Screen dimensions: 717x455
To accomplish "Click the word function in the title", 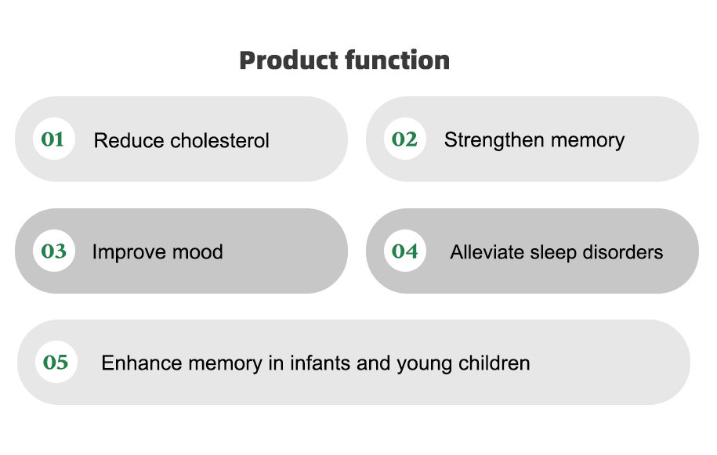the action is pyautogui.click(x=397, y=60).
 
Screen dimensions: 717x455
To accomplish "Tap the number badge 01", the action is pyautogui.click(x=53, y=139).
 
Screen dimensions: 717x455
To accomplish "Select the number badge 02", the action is pyautogui.click(x=404, y=139).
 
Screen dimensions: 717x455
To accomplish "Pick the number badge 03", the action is pyautogui.click(x=53, y=251).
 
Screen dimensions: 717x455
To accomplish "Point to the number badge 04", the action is pyautogui.click(x=404, y=251).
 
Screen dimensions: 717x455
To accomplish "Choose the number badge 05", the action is pyautogui.click(x=56, y=362).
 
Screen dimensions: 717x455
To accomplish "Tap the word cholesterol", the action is pyautogui.click(x=220, y=140).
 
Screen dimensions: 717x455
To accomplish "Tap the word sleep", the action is pyautogui.click(x=553, y=253).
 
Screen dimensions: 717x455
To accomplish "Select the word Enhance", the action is pyautogui.click(x=142, y=363).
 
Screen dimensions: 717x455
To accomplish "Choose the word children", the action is pyautogui.click(x=494, y=363).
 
